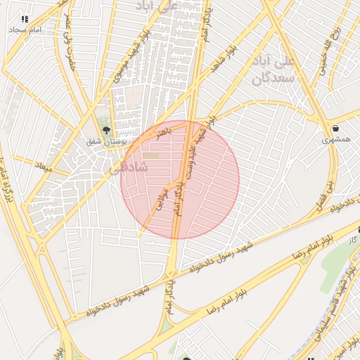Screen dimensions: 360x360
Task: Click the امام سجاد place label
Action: tap(26, 31)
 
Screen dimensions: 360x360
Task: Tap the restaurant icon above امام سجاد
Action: tap(25, 19)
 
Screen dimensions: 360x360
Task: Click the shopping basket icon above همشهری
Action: tap(335, 128)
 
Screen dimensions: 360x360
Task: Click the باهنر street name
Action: tap(164, 132)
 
